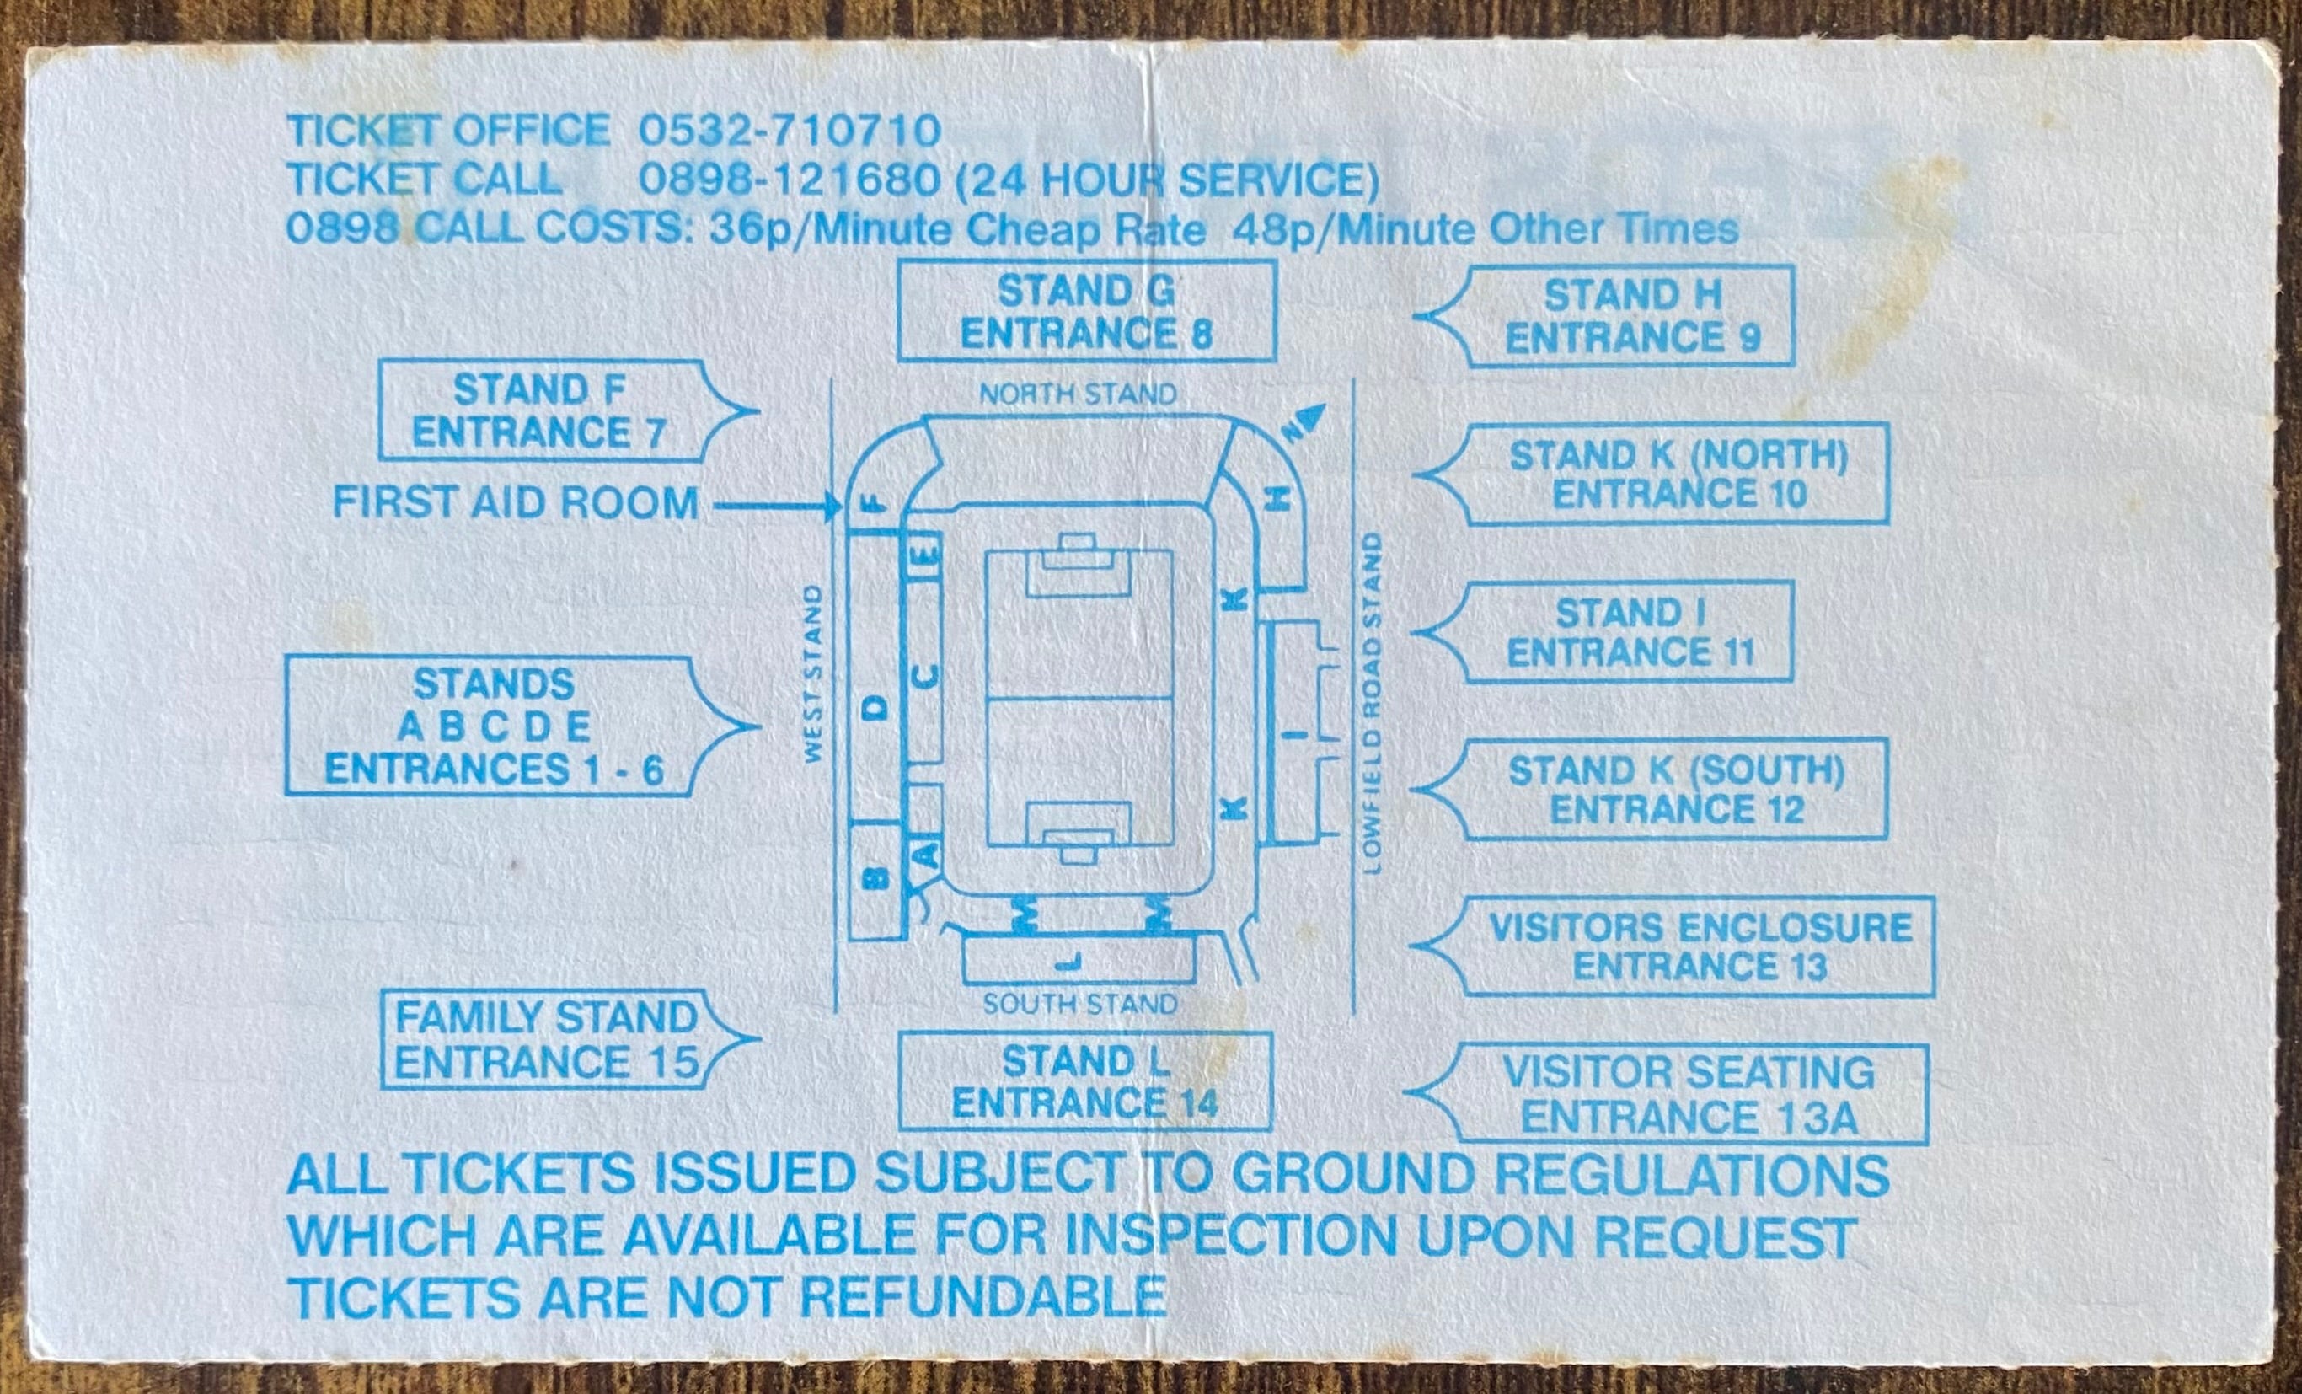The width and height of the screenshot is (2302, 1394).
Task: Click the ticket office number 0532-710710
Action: tap(790, 131)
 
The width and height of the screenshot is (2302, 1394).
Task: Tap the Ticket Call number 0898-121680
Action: tap(790, 180)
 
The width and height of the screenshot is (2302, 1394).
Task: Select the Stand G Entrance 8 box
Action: tap(1085, 312)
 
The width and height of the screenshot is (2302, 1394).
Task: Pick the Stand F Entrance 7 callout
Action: tap(540, 411)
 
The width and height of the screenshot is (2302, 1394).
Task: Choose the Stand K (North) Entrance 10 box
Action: tap(1678, 474)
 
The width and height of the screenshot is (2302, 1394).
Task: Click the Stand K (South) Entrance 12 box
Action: tap(1676, 790)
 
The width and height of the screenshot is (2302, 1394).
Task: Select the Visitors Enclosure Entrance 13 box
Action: tap(1699, 946)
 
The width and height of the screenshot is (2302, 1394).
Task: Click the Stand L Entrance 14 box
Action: tap(1084, 1082)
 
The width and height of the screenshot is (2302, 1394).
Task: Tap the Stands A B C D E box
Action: tap(492, 726)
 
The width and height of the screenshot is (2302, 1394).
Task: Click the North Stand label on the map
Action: tap(1077, 394)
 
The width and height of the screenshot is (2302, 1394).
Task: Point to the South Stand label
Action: tap(1079, 1005)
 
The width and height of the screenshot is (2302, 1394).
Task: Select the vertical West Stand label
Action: tap(813, 673)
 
